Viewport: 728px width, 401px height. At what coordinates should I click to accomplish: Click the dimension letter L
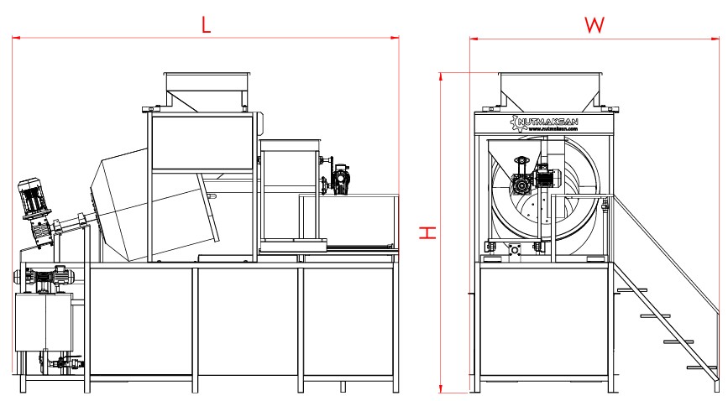click(206, 24)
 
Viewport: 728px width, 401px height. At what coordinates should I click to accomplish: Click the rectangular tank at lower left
click(41, 323)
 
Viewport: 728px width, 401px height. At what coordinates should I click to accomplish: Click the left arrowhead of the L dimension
click(16, 38)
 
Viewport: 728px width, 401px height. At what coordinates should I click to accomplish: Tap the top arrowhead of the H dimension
click(441, 76)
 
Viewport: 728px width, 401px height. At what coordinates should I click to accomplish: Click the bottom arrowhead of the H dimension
click(441, 388)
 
